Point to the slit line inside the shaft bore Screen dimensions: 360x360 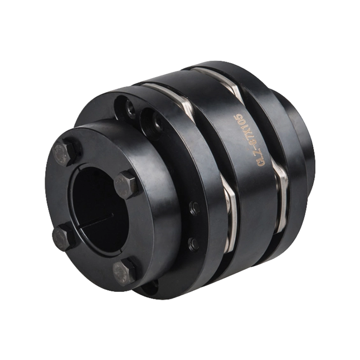[x=100, y=220]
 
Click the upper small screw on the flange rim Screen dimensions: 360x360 [x=195, y=207]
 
